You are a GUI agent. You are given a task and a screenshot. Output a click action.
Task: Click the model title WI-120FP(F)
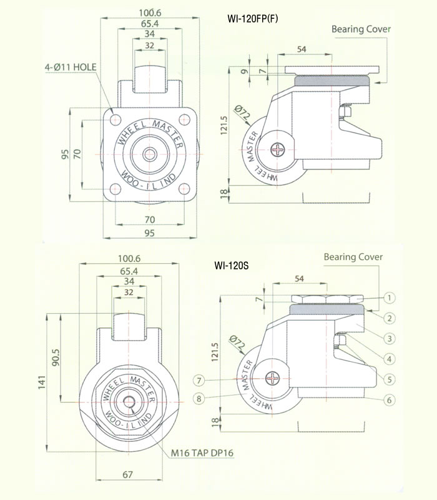[253, 19]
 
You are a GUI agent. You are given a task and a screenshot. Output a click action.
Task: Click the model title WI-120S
[232, 265]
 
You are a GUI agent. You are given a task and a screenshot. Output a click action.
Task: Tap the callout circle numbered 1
[389, 298]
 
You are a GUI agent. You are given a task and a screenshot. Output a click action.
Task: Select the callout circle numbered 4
[389, 359]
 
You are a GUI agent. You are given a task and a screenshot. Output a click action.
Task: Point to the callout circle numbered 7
[199, 380]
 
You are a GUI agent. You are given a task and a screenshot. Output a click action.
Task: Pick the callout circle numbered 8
[199, 399]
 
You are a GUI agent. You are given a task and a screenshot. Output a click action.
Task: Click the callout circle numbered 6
[389, 400]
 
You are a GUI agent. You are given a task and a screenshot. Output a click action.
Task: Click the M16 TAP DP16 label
[202, 452]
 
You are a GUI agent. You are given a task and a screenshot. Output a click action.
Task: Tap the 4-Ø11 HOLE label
[71, 67]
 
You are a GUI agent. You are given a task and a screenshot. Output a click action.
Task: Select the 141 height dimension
[42, 382]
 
